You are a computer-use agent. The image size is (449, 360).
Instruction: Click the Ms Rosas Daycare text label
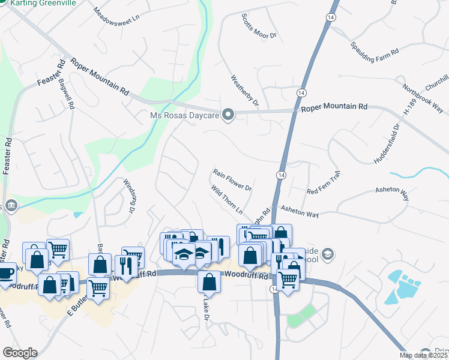pyautogui.click(x=184, y=114)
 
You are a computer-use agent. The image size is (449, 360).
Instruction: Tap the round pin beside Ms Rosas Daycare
pyautogui.click(x=228, y=114)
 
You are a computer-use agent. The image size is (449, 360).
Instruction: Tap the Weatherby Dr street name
pyautogui.click(x=244, y=91)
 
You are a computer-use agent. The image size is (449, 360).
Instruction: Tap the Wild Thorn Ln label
pyautogui.click(x=226, y=200)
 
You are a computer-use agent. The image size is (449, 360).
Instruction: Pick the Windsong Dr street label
pyautogui.click(x=128, y=196)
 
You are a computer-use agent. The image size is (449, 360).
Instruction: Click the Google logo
pyautogui.click(x=19, y=353)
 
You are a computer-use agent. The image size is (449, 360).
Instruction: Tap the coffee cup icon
pyautogui.click(x=5, y=274)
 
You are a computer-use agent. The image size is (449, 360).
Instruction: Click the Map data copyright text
pyautogui.click(x=423, y=355)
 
